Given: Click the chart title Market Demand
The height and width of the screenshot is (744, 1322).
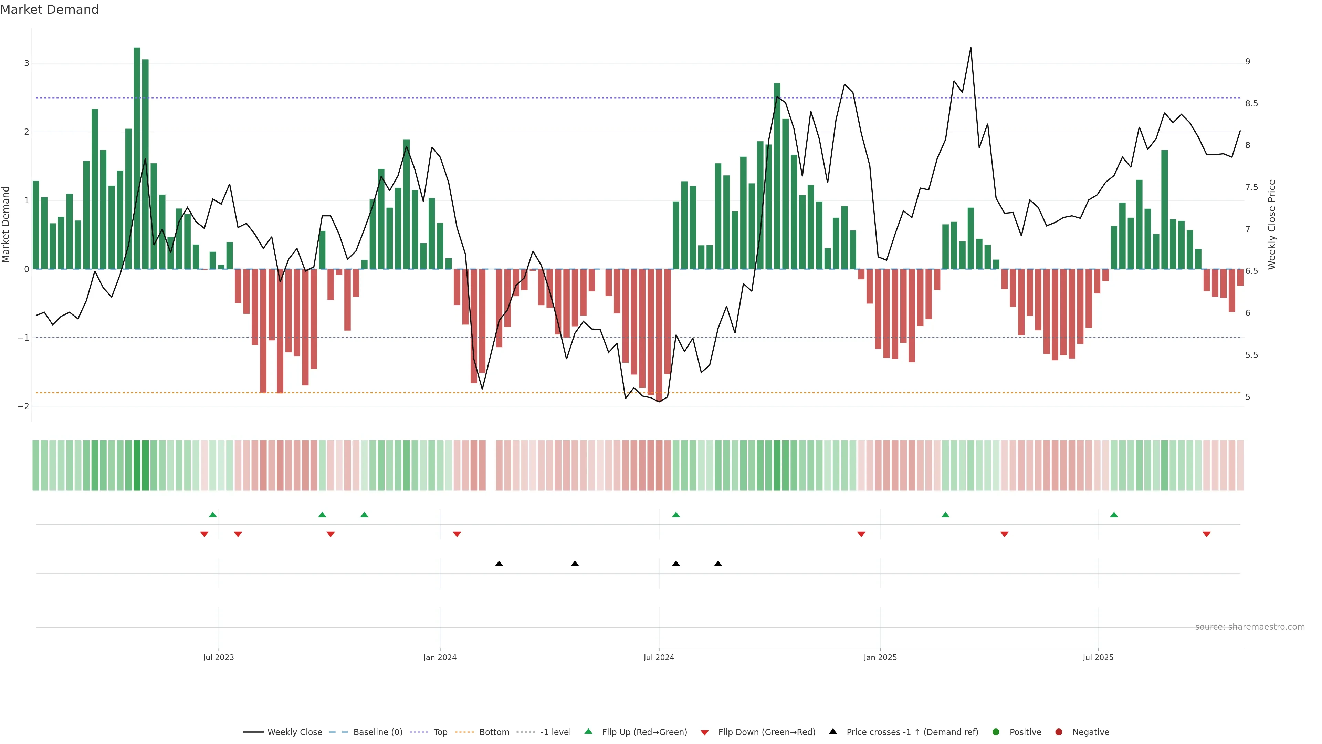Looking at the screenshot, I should click(x=49, y=10).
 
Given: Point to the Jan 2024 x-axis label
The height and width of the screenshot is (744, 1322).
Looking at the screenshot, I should click(x=440, y=657).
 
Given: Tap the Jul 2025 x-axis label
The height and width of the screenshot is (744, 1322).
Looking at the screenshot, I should click(x=1098, y=657).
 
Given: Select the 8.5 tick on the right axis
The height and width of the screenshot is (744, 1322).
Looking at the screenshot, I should click(x=1251, y=104).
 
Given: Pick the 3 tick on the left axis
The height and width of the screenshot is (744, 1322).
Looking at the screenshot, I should click(x=27, y=63).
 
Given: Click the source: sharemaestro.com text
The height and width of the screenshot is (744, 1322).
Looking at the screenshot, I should click(x=1250, y=627).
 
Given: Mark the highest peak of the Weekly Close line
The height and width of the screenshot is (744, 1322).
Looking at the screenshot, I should click(x=970, y=48).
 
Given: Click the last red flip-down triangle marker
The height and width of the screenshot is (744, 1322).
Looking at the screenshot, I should click(x=1207, y=535).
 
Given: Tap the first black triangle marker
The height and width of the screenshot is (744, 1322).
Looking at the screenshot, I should click(x=499, y=564).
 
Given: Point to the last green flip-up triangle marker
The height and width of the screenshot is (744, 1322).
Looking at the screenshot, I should click(x=1114, y=515).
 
